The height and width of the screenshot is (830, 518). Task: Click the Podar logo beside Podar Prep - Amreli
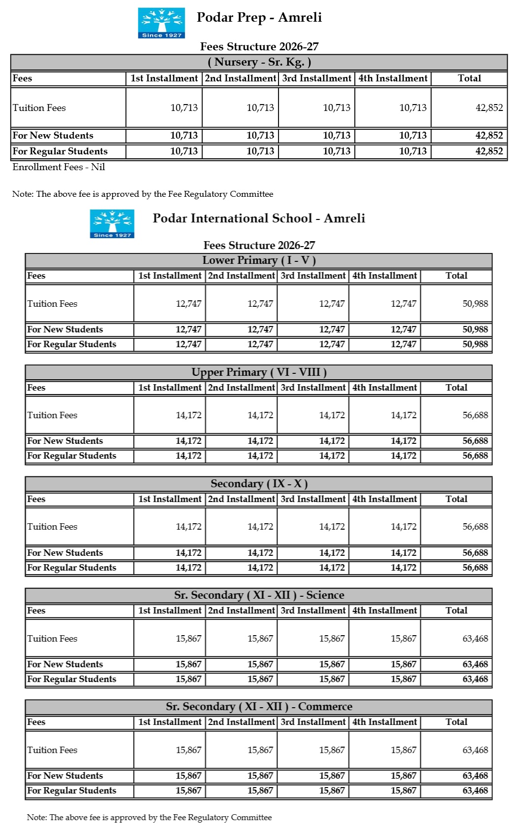point(161,23)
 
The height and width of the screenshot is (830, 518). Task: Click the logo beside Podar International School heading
point(112,223)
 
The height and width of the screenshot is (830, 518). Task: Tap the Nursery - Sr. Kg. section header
point(259,62)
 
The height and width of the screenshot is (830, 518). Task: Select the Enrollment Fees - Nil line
point(59,167)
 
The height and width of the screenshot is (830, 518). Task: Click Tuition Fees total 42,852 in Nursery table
point(489,108)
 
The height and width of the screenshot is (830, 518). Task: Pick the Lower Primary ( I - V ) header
point(259,260)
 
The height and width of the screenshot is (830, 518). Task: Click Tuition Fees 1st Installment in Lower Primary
point(188,304)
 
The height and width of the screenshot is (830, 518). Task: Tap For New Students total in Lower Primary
point(475,329)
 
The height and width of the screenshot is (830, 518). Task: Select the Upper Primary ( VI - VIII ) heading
point(259,372)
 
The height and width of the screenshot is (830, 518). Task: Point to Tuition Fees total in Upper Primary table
point(475,415)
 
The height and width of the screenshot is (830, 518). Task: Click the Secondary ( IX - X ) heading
point(259,484)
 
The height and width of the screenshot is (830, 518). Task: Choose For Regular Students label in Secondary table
point(71,568)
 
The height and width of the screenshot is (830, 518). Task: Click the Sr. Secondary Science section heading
point(259,595)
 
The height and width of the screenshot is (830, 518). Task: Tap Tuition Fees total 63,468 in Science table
point(475,639)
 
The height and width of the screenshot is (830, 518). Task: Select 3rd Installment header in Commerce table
point(313,722)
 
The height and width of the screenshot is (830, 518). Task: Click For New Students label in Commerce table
point(65,776)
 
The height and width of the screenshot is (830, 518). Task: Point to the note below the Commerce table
point(149,818)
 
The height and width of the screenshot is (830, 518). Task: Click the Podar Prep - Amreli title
point(259,18)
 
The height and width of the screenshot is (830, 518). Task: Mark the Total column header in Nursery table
point(469,78)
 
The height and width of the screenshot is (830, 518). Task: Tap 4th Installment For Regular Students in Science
point(403,679)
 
